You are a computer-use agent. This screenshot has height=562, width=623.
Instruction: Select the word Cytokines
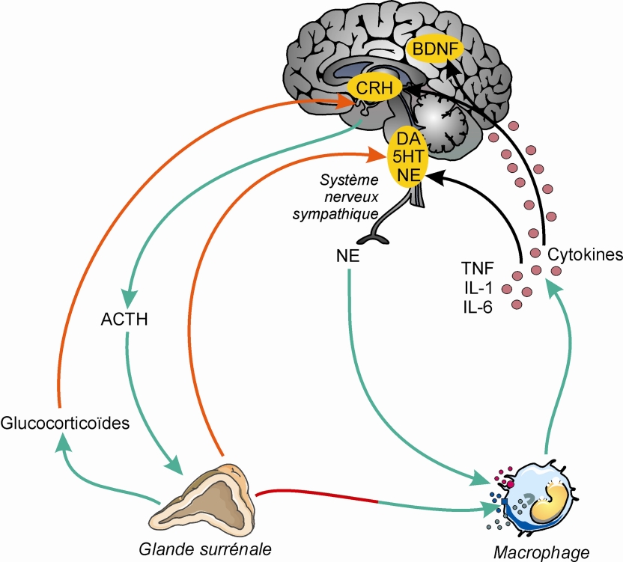click(x=583, y=254)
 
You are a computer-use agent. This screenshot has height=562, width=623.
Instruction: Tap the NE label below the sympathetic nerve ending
click(x=350, y=256)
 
